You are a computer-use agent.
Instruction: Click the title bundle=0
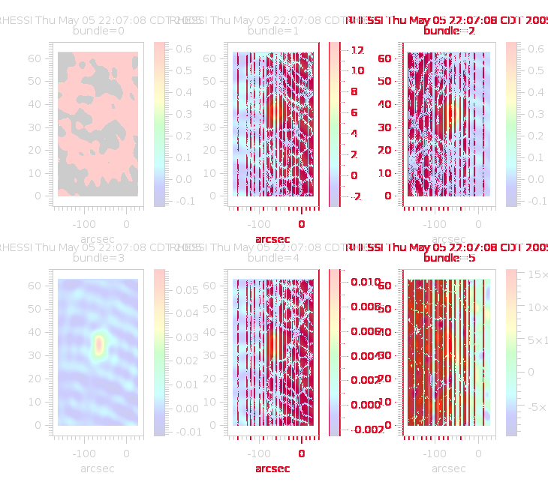[98, 31]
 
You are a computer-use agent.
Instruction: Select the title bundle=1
[273, 31]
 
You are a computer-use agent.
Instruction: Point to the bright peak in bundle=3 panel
[98, 344]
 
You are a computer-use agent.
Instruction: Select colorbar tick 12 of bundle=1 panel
[357, 50]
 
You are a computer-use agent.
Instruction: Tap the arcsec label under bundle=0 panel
[98, 239]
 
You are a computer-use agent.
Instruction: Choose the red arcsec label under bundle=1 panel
[272, 239]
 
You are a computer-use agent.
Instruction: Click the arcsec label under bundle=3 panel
[98, 469]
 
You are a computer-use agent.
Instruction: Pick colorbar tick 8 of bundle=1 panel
[357, 91]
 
